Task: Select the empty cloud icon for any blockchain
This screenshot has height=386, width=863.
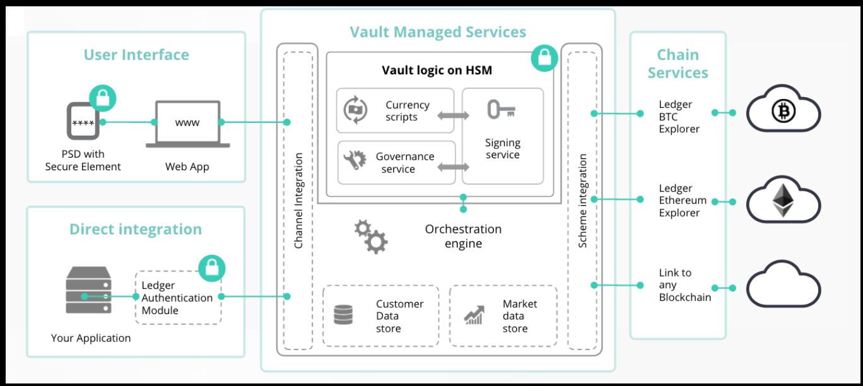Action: point(784,288)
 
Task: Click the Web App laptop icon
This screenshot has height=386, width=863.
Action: point(187,124)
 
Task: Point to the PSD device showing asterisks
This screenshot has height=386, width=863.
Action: point(83,122)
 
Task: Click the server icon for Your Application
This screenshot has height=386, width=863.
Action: point(88,290)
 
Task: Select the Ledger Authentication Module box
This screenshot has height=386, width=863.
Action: point(179,298)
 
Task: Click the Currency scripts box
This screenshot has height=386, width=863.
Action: point(395,110)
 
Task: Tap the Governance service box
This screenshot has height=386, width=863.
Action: point(396,163)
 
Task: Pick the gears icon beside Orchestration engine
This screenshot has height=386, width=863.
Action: point(371,237)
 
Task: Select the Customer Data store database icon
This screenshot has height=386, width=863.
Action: point(343,315)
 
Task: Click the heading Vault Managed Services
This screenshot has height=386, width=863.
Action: point(438,32)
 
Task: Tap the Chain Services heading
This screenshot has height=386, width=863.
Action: point(678,64)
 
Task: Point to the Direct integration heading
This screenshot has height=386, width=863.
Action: point(136,229)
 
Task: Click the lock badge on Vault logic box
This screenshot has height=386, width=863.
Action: point(543,58)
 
